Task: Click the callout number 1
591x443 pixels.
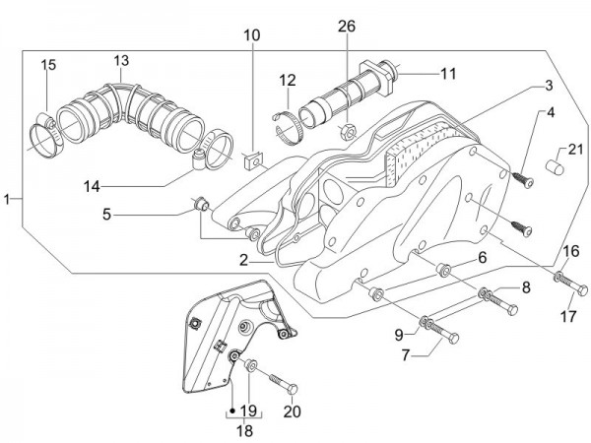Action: coord(8,199)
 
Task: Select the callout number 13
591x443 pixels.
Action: coord(120,61)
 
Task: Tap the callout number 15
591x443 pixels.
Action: coord(47,65)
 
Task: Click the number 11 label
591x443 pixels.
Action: coord(449,73)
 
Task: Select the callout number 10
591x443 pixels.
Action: coord(253,35)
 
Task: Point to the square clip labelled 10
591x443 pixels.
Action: coord(251,156)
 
